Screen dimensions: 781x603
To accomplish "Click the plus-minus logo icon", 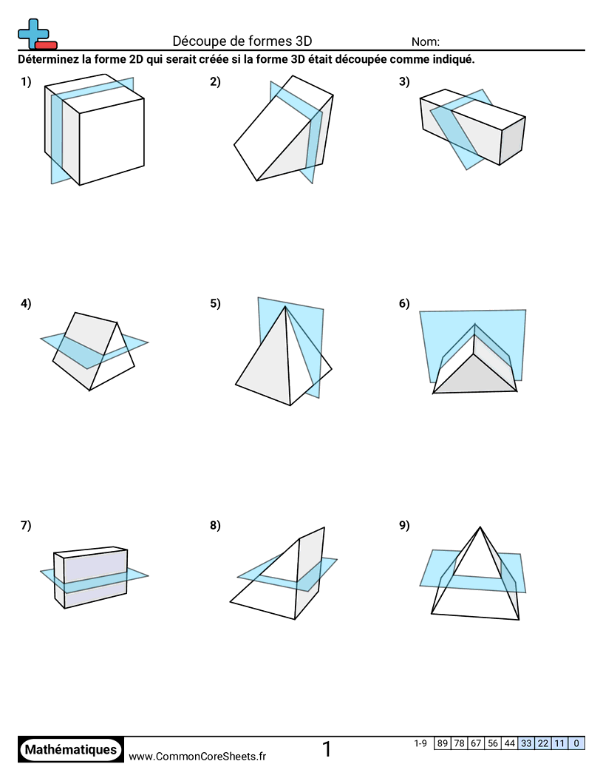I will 36,34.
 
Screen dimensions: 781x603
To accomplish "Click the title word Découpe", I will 196,41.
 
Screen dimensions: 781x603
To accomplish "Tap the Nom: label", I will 426,42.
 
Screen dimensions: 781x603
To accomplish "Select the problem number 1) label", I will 27,82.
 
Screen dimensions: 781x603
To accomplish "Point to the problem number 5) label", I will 215,302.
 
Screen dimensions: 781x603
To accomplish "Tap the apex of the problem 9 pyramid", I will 480,527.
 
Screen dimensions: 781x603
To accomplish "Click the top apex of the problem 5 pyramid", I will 285,308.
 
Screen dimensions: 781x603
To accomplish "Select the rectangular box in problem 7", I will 92,578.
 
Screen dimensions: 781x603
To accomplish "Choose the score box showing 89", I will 443,743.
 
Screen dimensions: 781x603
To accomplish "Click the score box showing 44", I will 510,743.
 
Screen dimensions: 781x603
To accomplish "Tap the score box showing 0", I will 576,743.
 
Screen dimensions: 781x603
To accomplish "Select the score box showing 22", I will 543,743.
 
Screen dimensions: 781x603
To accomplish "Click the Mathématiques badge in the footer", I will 71,750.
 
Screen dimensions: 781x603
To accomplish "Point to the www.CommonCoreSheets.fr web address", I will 197,756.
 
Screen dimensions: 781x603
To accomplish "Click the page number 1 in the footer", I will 327,750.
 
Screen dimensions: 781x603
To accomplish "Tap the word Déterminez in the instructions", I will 48,60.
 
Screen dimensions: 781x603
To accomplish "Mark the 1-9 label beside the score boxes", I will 420,743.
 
